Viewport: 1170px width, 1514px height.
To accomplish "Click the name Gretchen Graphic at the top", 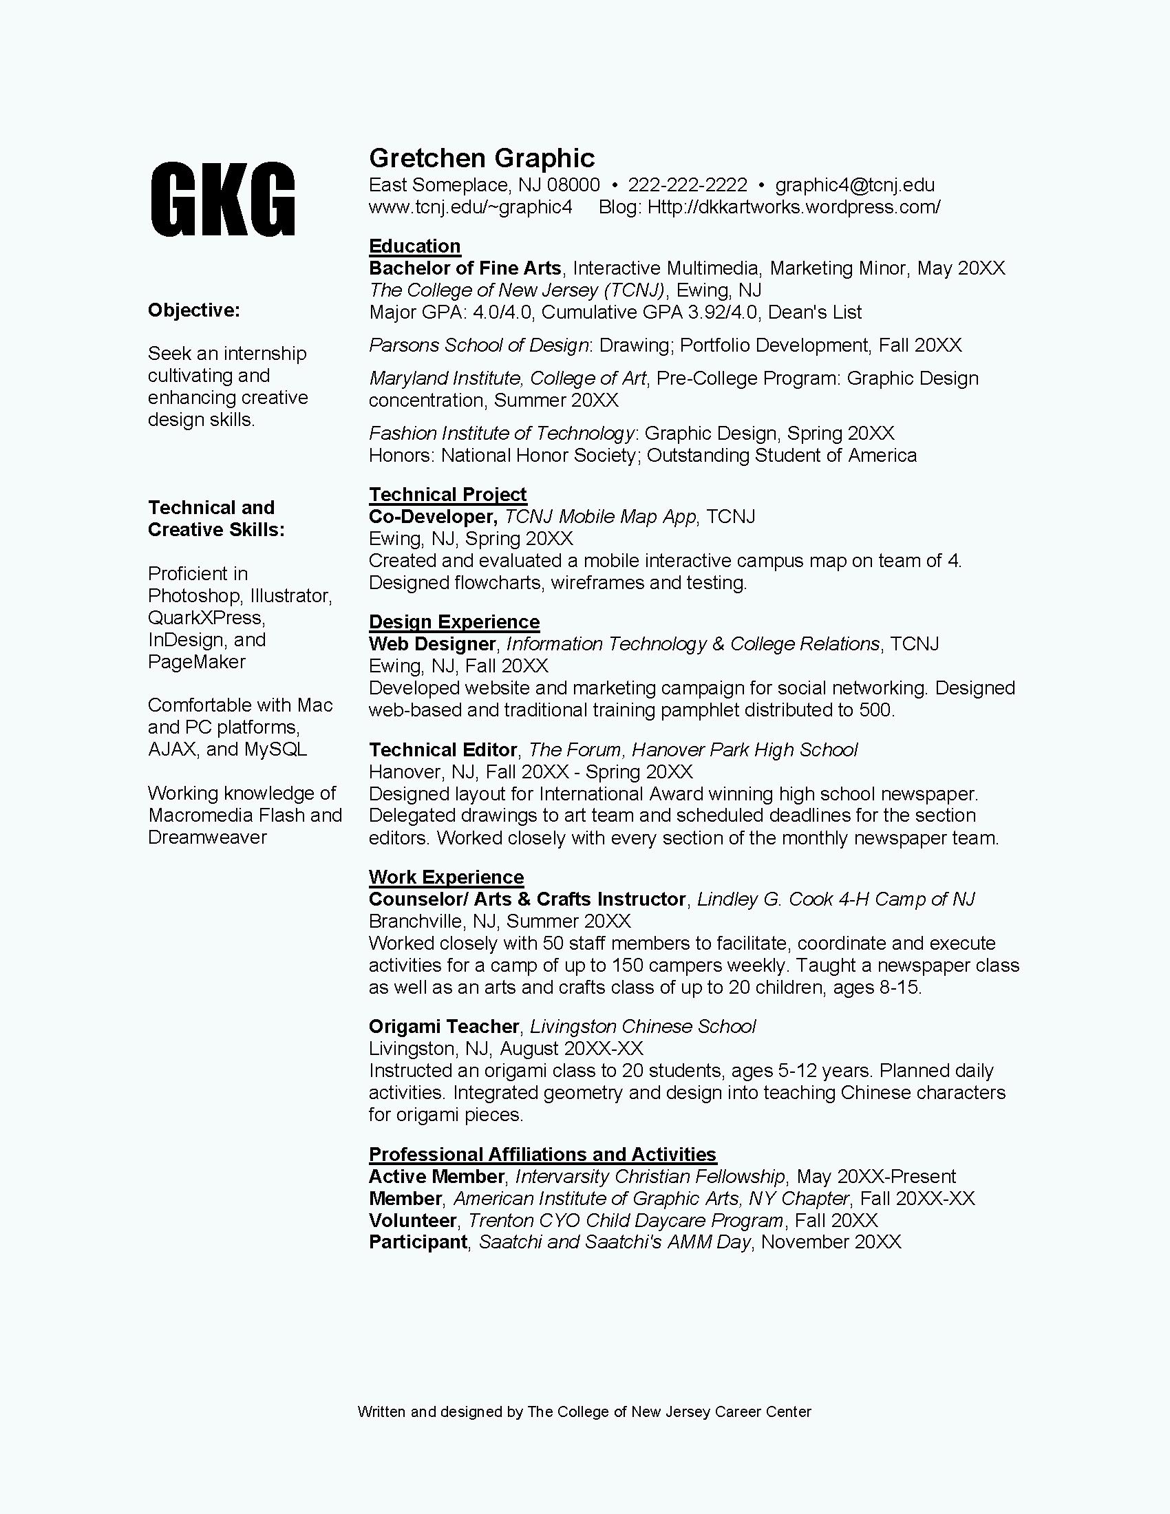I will pyautogui.click(x=482, y=158).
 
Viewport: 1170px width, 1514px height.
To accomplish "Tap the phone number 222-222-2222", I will pyautogui.click(x=688, y=185).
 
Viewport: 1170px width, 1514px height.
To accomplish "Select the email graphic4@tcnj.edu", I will pyautogui.click(x=855, y=185).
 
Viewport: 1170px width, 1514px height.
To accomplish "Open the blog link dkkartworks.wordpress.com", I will pyautogui.click(x=794, y=207).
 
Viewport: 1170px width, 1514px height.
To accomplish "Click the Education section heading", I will pyautogui.click(x=414, y=246).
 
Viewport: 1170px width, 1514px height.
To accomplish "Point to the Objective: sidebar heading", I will pyautogui.click(x=193, y=310).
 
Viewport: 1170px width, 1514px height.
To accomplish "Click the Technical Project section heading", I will pyautogui.click(x=448, y=494).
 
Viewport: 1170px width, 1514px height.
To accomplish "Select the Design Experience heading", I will pyautogui.click(x=454, y=622).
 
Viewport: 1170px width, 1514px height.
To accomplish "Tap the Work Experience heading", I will pyautogui.click(x=447, y=877).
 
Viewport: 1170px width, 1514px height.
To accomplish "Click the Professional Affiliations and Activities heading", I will pyautogui.click(x=543, y=1154).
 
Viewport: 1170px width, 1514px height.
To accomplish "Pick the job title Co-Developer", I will pyautogui.click(x=432, y=516).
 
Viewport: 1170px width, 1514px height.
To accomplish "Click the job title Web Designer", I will pyautogui.click(x=432, y=644).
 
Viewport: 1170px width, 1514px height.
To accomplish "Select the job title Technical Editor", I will pyautogui.click(x=443, y=750).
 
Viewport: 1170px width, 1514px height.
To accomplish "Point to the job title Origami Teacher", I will pyautogui.click(x=444, y=1026).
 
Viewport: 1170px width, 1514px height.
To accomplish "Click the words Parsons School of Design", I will pyautogui.click(x=478, y=345).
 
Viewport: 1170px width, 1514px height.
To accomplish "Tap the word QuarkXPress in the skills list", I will pyautogui.click(x=206, y=618).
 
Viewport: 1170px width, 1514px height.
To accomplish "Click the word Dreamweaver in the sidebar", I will pyautogui.click(x=207, y=838).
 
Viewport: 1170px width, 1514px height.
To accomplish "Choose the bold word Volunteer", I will pyautogui.click(x=412, y=1220).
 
